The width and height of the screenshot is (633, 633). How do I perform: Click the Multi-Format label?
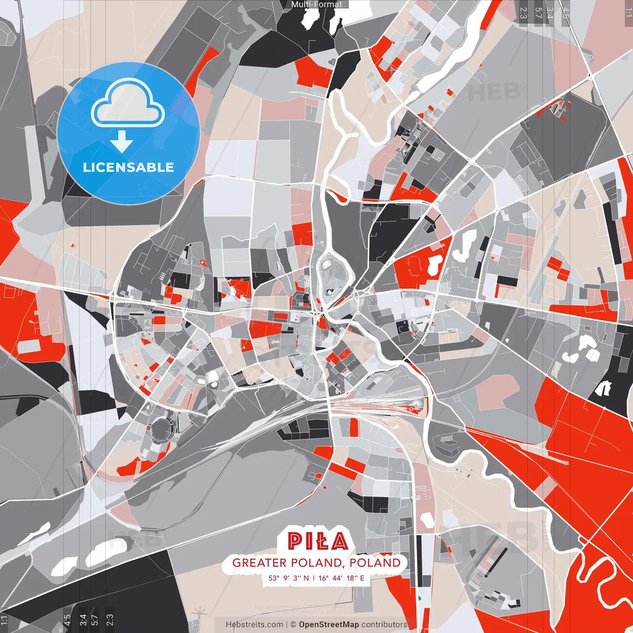coord(316,4)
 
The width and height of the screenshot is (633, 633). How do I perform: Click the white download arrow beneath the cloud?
coord(122,143)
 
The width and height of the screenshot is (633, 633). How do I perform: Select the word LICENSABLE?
coord(128,167)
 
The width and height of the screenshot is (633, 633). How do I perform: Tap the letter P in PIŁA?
coord(295,542)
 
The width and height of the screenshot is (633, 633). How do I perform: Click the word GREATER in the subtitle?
coord(259,563)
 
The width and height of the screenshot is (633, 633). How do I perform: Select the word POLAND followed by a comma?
coord(317,563)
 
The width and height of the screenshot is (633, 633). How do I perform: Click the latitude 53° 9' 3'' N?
coord(289,578)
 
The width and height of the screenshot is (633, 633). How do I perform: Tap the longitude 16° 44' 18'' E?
coord(341,578)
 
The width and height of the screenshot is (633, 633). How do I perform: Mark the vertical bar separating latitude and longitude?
coord(314,578)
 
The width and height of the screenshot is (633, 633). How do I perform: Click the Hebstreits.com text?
coord(254,625)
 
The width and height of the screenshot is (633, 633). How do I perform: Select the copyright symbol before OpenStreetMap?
coord(293,625)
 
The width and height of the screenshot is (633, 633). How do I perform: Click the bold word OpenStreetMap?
coord(328,625)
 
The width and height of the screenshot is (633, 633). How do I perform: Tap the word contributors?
coord(384,625)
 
